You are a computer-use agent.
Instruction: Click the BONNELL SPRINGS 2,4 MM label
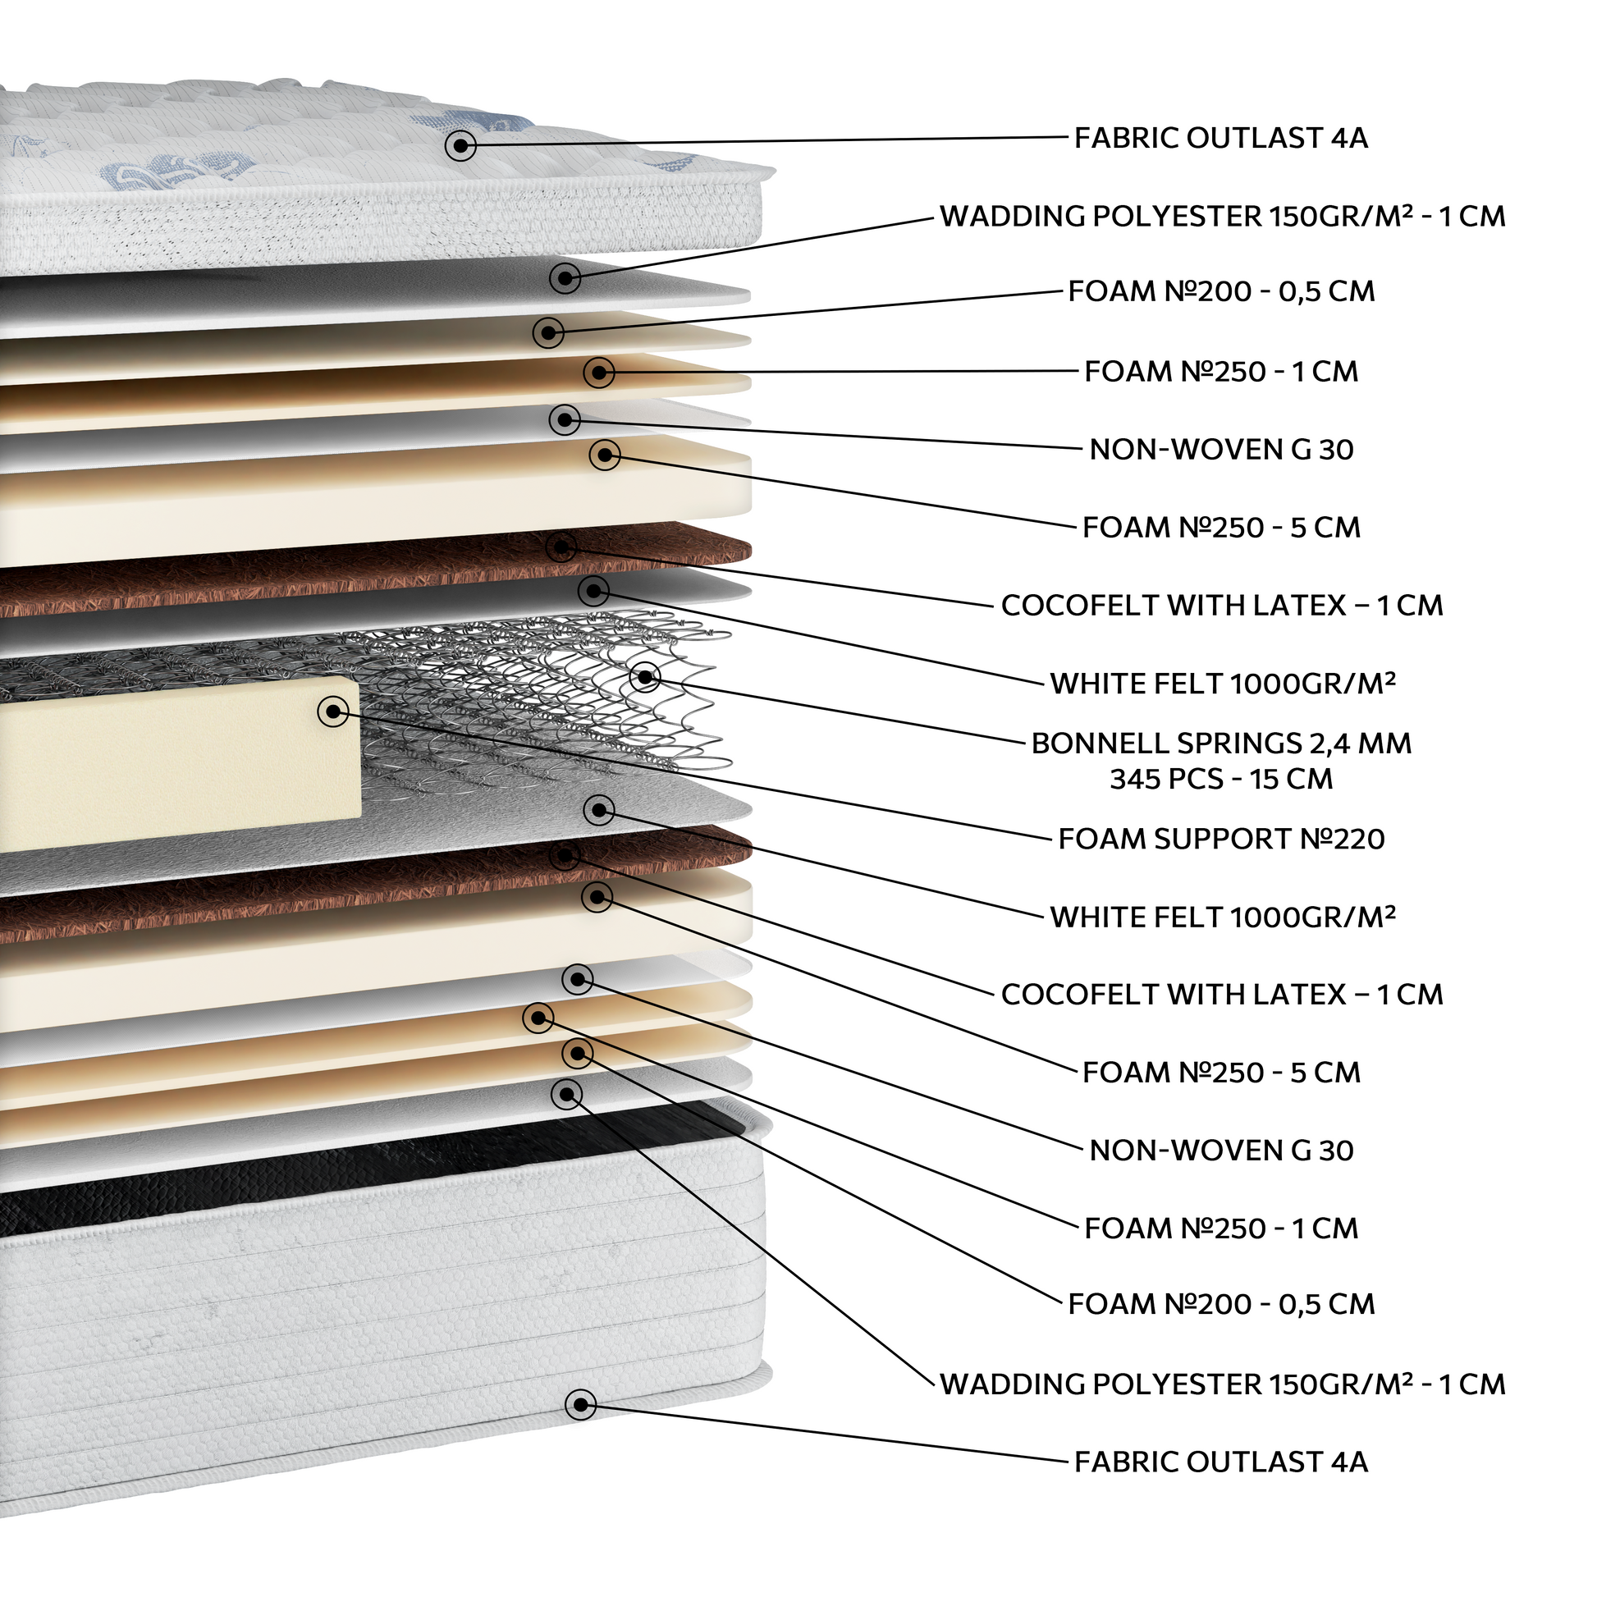(x=1221, y=744)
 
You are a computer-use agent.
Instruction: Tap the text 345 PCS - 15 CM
(x=1221, y=779)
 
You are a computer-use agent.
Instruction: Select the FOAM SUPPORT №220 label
(x=1221, y=839)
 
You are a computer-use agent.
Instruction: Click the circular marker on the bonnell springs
(x=646, y=677)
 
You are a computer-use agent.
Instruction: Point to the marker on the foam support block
(x=333, y=710)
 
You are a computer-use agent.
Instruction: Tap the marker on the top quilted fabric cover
(x=460, y=146)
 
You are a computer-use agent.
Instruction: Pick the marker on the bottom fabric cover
(x=580, y=1404)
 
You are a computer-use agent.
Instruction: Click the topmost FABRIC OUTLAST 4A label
(x=1221, y=138)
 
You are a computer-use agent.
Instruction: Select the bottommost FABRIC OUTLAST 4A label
(x=1221, y=1462)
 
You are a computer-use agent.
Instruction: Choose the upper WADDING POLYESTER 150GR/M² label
(x=1223, y=217)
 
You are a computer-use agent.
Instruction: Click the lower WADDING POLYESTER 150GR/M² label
(x=1223, y=1384)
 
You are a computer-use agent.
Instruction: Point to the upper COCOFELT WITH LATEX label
(x=1222, y=605)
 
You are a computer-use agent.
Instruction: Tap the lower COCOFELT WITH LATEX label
(x=1222, y=994)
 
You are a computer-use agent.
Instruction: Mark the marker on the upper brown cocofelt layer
(x=561, y=547)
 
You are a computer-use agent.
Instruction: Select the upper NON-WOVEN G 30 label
(x=1221, y=450)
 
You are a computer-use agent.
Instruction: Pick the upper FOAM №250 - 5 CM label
(x=1221, y=528)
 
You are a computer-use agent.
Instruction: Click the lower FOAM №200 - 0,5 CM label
(x=1221, y=1304)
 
